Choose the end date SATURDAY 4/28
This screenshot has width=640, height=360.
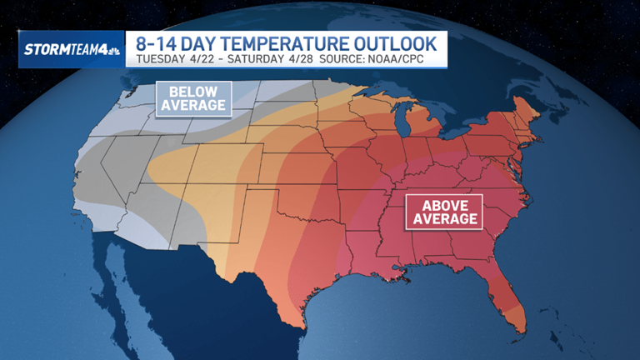(263, 59)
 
